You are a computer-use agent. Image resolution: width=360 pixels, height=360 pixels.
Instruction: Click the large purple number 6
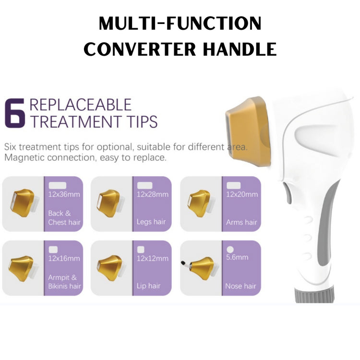[x=15, y=113]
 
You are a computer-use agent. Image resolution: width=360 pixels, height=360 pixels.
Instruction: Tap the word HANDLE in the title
[x=240, y=49]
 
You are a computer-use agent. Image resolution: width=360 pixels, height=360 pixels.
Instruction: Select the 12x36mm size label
[x=64, y=194]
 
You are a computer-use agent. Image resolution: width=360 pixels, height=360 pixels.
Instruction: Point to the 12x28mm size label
[x=153, y=194]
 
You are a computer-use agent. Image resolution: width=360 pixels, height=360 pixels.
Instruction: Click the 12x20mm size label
[x=242, y=194]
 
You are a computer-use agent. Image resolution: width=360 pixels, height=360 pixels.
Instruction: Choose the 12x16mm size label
[x=64, y=258]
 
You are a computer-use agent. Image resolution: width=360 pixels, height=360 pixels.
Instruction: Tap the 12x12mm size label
[x=153, y=258]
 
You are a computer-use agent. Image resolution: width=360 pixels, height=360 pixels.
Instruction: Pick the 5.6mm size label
[x=237, y=257]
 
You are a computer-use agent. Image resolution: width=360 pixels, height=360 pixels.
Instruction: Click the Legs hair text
[x=151, y=222]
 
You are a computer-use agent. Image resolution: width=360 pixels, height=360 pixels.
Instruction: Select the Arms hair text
[x=241, y=222]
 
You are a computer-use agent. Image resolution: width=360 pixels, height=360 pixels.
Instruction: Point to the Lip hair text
[x=148, y=286]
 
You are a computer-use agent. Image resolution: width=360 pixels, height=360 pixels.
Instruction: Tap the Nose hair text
[x=240, y=286]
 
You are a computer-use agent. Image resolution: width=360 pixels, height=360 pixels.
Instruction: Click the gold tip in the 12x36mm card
[x=23, y=203]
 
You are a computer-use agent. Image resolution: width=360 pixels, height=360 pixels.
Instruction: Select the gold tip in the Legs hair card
[x=110, y=203]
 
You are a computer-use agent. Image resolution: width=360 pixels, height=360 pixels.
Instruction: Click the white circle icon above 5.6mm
[x=230, y=249]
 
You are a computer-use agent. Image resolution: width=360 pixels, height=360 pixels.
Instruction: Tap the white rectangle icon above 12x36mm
[x=58, y=185]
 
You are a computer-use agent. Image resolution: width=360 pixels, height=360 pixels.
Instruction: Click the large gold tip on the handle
[x=248, y=131]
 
